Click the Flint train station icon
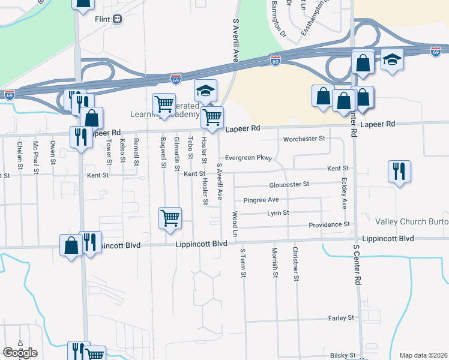(x=118, y=19)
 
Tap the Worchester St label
(x=304, y=139)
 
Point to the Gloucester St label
(x=289, y=184)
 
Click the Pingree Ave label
(x=261, y=199)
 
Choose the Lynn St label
(x=278, y=212)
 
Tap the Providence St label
(x=329, y=224)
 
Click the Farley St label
(x=342, y=317)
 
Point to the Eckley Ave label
(x=344, y=193)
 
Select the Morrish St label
(x=275, y=262)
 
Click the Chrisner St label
(x=296, y=263)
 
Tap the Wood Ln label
(x=235, y=223)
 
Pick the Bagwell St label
(x=163, y=152)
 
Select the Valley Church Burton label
(x=412, y=223)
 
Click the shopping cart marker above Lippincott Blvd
(x=170, y=218)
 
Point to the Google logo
(x=20, y=353)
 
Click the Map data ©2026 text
(x=423, y=355)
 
